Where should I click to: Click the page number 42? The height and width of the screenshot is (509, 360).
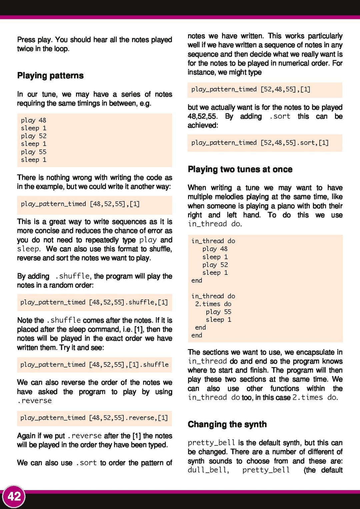click(x=14, y=496)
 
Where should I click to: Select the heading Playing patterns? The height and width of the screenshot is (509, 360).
click(x=50, y=76)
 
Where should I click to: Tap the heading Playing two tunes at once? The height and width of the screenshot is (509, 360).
click(x=240, y=169)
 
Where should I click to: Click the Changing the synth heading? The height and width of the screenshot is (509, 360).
click(x=227, y=424)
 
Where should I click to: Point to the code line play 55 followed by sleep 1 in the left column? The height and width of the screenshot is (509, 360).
click(x=33, y=152)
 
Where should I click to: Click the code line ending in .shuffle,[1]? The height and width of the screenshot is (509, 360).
click(x=94, y=302)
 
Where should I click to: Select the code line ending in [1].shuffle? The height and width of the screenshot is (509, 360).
click(x=94, y=364)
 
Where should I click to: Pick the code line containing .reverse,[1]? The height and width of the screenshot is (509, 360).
click(x=94, y=418)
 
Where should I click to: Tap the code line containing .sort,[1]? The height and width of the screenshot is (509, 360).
click(x=260, y=143)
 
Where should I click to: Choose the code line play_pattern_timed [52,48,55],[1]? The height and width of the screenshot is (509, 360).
click(x=251, y=89)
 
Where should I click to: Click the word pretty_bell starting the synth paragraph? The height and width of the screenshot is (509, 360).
click(x=211, y=443)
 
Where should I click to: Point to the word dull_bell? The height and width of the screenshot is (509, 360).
click(x=208, y=470)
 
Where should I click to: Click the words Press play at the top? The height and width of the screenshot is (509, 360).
click(x=34, y=40)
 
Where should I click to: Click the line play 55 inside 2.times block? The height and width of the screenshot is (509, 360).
click(x=218, y=312)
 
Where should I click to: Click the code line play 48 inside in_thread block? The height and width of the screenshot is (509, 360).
click(x=215, y=249)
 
